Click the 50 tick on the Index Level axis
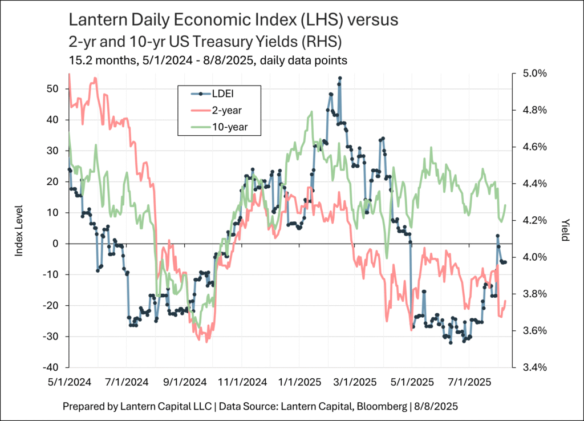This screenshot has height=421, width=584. coord(54,89)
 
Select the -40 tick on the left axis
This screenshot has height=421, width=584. coord(51,367)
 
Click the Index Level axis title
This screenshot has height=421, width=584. coord(19,231)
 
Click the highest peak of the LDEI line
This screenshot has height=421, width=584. coord(340,78)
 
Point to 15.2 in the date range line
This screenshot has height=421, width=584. coord(78,59)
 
